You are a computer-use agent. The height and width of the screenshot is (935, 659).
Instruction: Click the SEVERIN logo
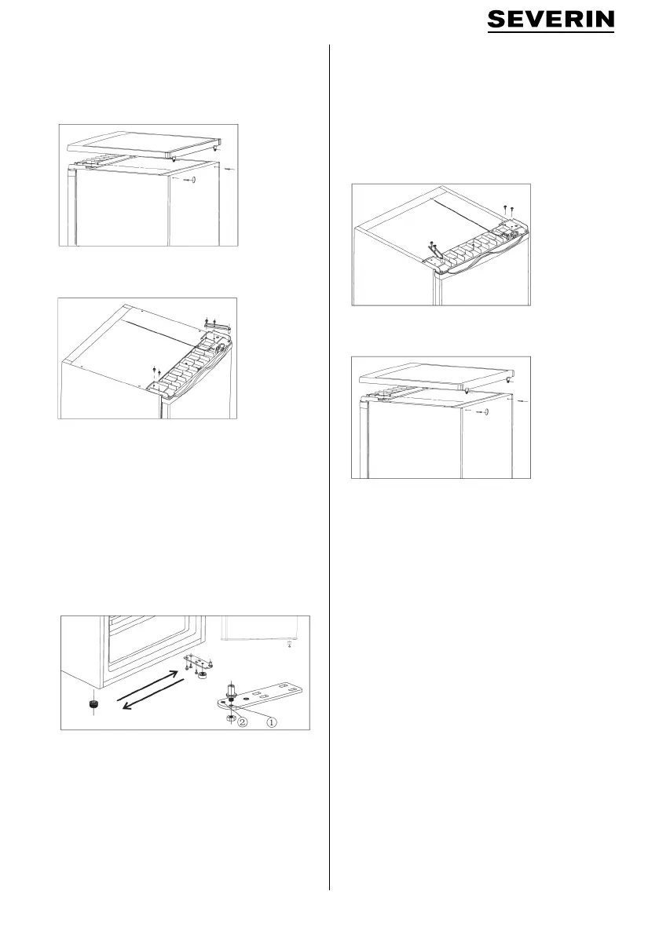click(551, 20)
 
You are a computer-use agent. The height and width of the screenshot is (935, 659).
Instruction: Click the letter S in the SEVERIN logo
click(497, 20)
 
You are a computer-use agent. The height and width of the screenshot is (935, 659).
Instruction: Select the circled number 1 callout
click(271, 721)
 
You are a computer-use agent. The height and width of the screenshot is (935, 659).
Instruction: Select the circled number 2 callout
click(242, 721)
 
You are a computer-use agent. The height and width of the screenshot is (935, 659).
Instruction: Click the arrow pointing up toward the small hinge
click(148, 684)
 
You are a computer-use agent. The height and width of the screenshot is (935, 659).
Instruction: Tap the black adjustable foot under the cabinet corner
click(92, 706)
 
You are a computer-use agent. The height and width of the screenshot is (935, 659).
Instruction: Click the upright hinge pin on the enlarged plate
click(232, 692)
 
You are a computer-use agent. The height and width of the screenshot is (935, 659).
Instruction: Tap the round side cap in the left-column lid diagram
click(192, 178)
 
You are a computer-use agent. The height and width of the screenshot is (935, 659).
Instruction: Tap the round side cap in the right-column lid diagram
click(485, 411)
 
